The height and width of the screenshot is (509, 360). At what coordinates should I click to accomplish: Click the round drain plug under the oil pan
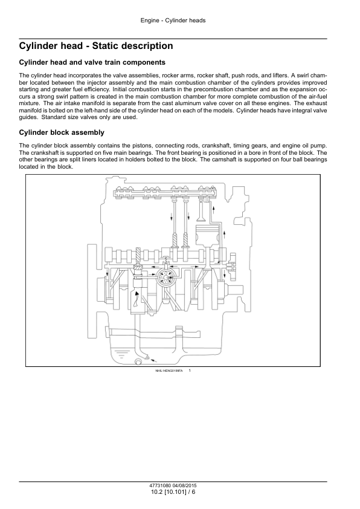click(x=138, y=361)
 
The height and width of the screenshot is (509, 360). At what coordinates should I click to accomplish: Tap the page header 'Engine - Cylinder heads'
click(x=173, y=21)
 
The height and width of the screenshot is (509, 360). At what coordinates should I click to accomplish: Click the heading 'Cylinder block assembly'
click(x=62, y=132)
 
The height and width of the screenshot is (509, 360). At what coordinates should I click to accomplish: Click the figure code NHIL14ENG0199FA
click(x=169, y=371)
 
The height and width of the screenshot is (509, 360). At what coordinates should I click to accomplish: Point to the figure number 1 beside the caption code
click(x=190, y=371)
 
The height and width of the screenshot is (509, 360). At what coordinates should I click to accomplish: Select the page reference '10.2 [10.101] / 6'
click(x=173, y=492)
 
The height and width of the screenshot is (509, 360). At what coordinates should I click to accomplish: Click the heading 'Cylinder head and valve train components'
click(x=92, y=62)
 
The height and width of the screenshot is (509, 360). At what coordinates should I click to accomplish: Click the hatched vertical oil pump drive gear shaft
click(x=138, y=256)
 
